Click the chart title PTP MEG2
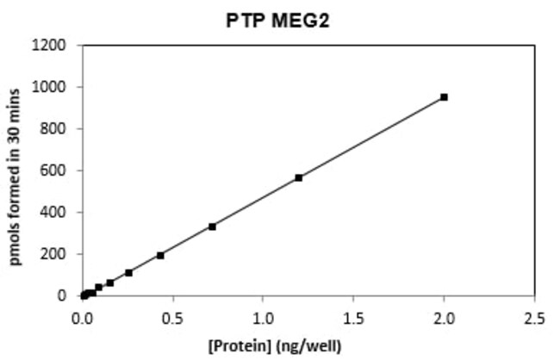pyautogui.click(x=280, y=19)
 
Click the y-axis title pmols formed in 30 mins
pyautogui.click(x=16, y=170)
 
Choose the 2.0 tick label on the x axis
pyautogui.click(x=444, y=317)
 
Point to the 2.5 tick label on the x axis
pyautogui.click(x=534, y=317)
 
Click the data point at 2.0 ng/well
pyautogui.click(x=444, y=97)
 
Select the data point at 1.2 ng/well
pyautogui.click(x=299, y=177)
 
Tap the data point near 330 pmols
pyautogui.click(x=212, y=227)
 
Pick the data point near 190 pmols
pyautogui.click(x=160, y=255)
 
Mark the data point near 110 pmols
pyautogui.click(x=128, y=273)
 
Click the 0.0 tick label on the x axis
pyautogui.click(x=82, y=317)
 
